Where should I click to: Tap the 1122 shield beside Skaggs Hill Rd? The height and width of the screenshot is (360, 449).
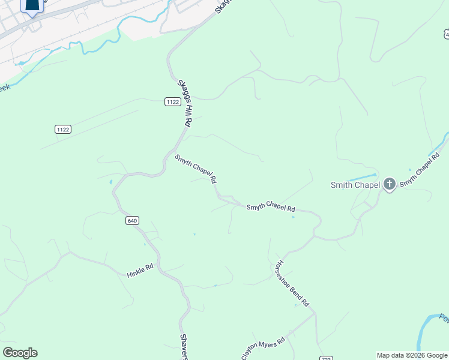point(172,102)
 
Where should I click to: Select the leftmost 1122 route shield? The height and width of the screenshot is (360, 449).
point(62,129)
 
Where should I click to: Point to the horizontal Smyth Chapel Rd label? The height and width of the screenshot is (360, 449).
point(271,208)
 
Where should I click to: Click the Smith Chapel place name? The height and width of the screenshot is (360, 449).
point(355,185)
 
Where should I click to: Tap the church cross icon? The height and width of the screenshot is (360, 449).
point(390,184)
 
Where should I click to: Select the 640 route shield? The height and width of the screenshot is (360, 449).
point(133,221)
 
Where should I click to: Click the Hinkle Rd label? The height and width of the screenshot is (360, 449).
point(140,271)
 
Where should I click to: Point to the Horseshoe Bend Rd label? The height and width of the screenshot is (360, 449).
point(291,283)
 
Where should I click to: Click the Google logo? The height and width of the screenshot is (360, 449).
point(20,353)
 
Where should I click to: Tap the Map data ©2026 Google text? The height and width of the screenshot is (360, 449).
point(412,355)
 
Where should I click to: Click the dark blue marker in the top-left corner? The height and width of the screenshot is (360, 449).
point(32,5)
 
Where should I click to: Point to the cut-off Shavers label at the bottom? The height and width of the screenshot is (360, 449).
point(184,347)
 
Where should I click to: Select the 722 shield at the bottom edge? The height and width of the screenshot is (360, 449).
point(326,358)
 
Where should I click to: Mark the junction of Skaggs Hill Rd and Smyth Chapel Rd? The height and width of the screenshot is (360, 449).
point(176,148)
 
